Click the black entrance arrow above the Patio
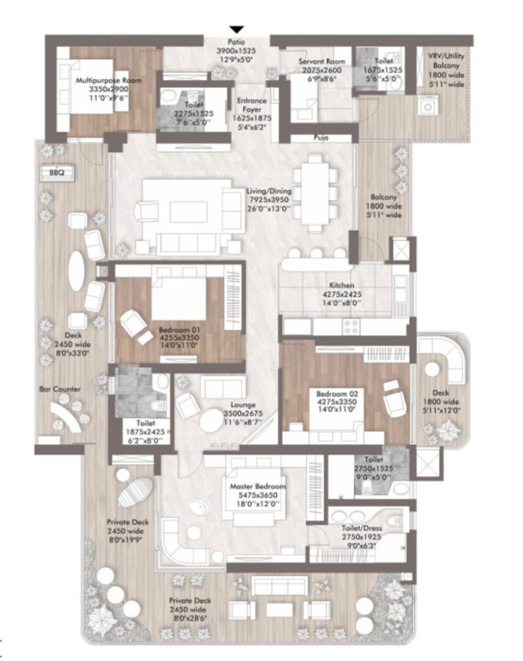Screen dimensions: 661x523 click(234, 31)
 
